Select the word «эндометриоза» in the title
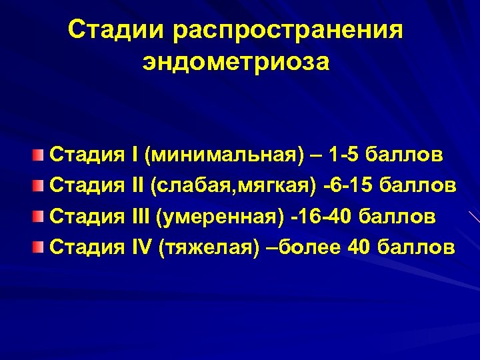235,62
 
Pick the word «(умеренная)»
219,216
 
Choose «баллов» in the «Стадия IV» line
415,248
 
